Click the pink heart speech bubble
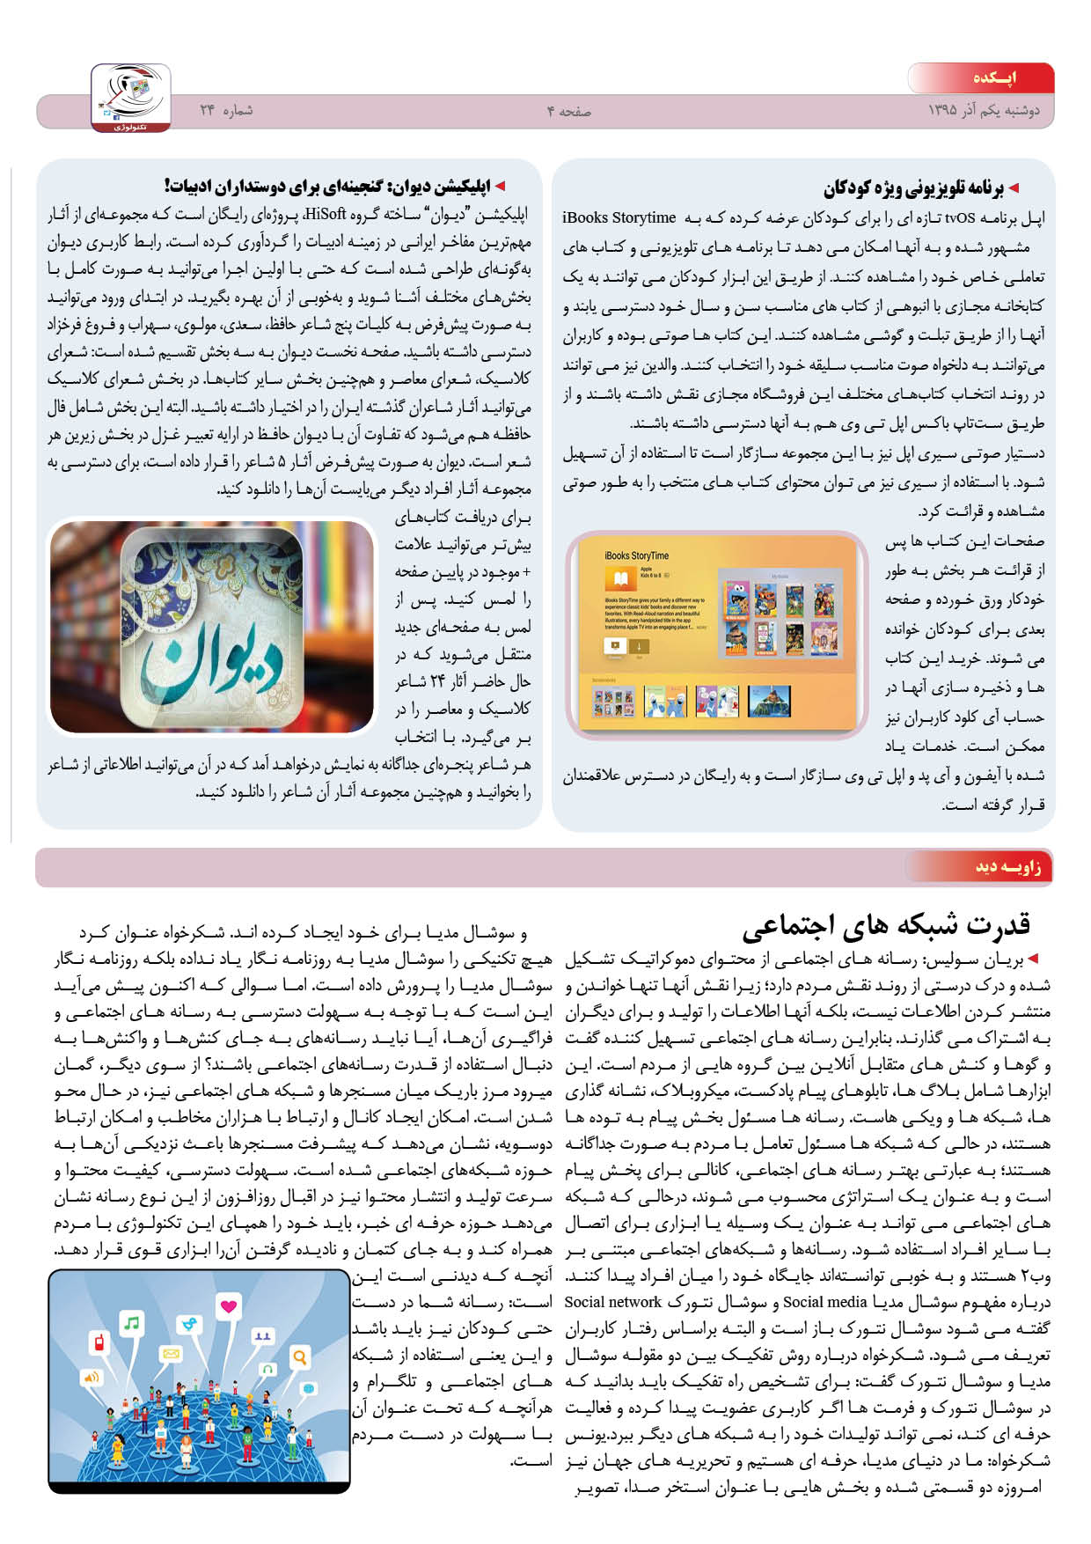pyautogui.click(x=229, y=1305)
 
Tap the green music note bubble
pyautogui.click(x=132, y=1323)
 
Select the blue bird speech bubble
pyautogui.click(x=187, y=1324)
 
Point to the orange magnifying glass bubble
pyautogui.click(x=300, y=1357)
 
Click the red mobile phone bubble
pyautogui.click(x=99, y=1343)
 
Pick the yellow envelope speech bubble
pyautogui.click(x=171, y=1353)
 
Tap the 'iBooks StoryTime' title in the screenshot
pyautogui.click(x=636, y=555)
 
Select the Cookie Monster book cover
pyautogui.click(x=736, y=600)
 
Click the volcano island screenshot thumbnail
pyautogui.click(x=768, y=701)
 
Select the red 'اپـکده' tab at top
pyautogui.click(x=994, y=77)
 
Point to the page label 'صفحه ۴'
pyautogui.click(x=569, y=111)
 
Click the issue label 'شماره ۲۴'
pyautogui.click(x=226, y=110)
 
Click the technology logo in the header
pyautogui.click(x=131, y=97)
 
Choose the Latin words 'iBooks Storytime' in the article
pyautogui.click(x=619, y=217)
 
